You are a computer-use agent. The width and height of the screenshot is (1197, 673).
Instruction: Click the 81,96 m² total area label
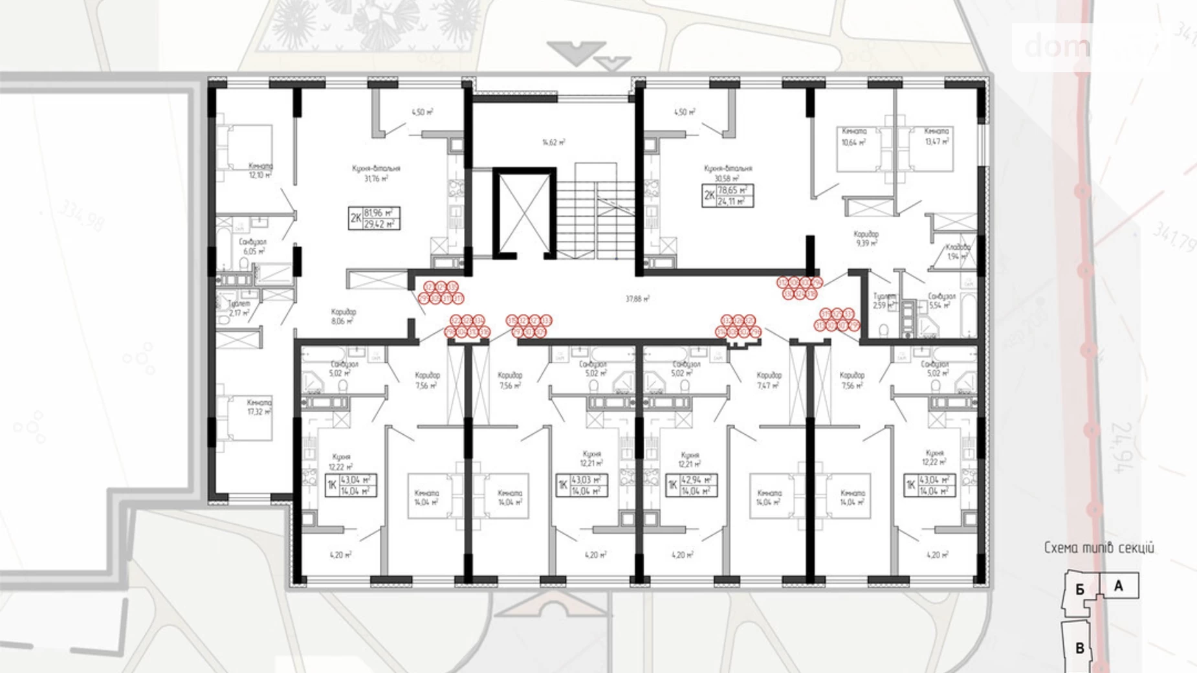380,213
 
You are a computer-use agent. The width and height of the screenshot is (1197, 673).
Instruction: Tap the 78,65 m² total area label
734,191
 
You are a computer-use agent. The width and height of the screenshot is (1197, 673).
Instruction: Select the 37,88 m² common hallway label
637,299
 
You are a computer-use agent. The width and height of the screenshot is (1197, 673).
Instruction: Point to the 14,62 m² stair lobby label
554,142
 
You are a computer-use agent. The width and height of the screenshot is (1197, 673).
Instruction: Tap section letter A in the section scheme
1118,586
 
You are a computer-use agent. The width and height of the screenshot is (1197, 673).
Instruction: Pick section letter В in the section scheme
1079,648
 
